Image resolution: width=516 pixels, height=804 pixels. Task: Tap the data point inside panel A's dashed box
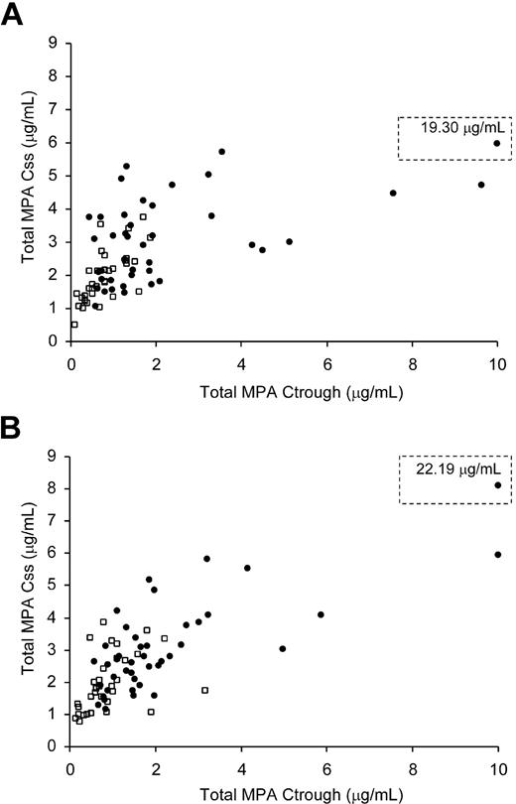(496, 143)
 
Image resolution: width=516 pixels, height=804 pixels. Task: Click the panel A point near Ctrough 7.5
(393, 193)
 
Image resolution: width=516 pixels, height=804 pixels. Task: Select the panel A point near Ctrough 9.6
(481, 185)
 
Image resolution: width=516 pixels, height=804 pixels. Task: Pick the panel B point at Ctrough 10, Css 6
(497, 554)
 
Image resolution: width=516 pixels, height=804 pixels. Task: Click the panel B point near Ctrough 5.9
(321, 614)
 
